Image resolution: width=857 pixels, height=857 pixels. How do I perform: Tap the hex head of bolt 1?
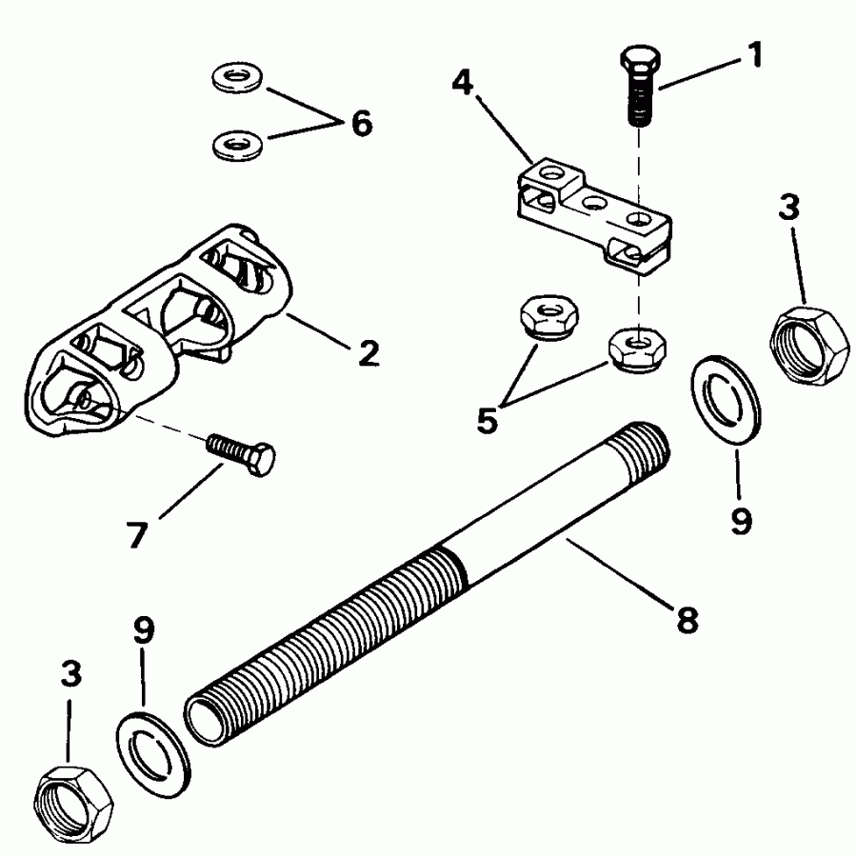637,63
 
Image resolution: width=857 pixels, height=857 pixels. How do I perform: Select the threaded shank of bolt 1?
641,104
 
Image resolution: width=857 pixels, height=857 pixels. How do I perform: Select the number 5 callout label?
488,419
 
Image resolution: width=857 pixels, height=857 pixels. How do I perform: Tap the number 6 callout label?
361,124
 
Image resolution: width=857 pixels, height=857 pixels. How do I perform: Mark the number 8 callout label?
686,620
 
